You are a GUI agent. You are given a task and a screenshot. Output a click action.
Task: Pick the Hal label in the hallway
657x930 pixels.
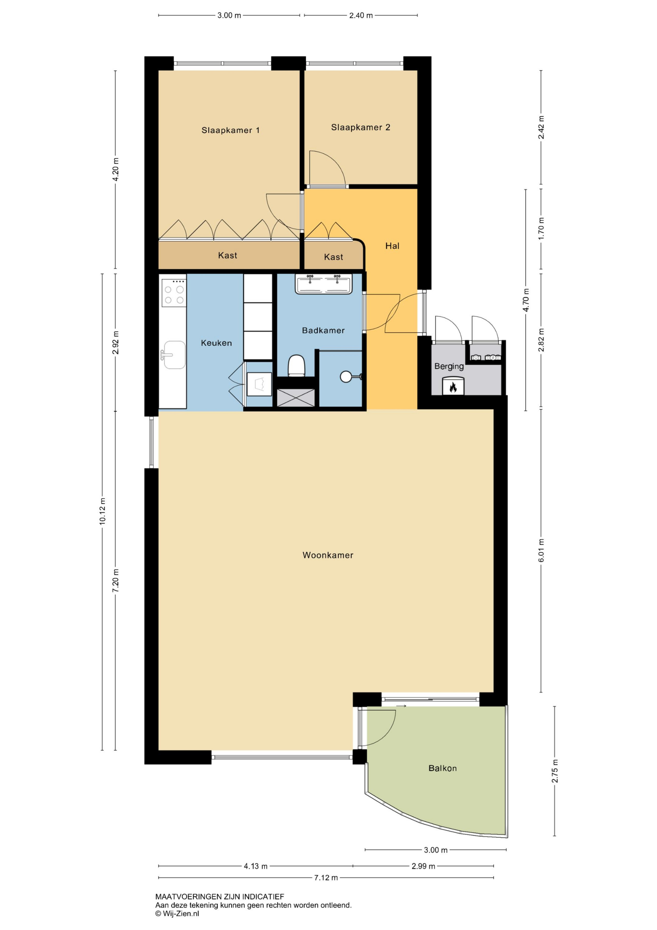point(392,246)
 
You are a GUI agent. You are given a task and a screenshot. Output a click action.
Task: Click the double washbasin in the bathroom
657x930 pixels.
point(324,284)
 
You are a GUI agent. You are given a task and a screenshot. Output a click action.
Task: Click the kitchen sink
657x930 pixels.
point(174,355)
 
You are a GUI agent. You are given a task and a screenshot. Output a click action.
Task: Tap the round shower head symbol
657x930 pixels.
point(346,377)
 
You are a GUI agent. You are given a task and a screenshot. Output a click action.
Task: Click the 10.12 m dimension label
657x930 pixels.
point(102,511)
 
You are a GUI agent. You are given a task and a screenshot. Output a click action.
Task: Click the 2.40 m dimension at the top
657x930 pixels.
point(361,15)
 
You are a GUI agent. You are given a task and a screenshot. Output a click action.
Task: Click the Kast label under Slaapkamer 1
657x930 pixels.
point(227,255)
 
